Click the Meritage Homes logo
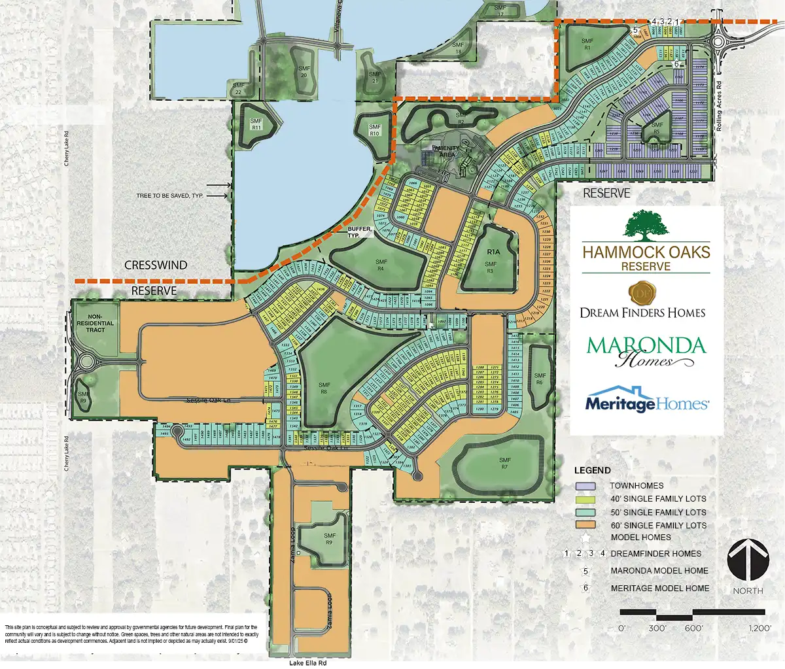click(x=646, y=401)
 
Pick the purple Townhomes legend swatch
click(x=585, y=486)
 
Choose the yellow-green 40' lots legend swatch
click(x=585, y=499)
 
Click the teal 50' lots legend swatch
click(x=585, y=512)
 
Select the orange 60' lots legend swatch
click(x=585, y=525)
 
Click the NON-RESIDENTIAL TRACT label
click(x=96, y=323)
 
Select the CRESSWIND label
click(x=156, y=265)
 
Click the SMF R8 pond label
click(x=324, y=388)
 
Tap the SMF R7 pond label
click(x=504, y=464)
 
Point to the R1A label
click(x=493, y=252)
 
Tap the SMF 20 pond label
click(x=304, y=71)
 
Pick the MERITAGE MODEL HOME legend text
click(x=659, y=588)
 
